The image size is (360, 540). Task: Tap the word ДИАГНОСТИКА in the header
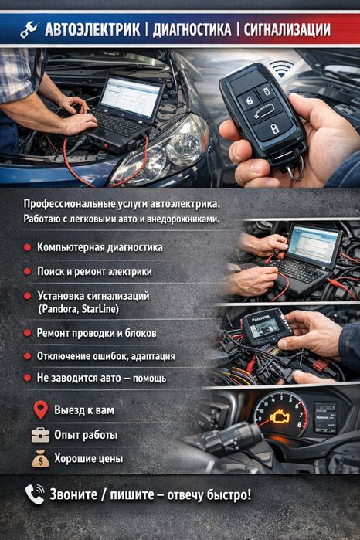point(192,30)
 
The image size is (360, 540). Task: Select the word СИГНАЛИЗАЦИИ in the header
point(287,30)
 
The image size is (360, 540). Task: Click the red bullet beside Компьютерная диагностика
point(26,248)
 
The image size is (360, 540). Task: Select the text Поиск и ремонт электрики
point(93,272)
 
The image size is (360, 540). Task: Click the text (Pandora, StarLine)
point(77,309)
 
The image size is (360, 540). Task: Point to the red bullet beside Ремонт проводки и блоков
point(26,333)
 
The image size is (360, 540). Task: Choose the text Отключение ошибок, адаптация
point(105,356)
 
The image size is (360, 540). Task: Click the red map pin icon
point(41,409)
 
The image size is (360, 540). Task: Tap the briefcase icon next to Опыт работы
point(40,434)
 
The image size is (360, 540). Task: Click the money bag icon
point(41,459)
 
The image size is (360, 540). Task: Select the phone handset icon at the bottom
point(34,494)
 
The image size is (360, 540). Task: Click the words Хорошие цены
point(88,459)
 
